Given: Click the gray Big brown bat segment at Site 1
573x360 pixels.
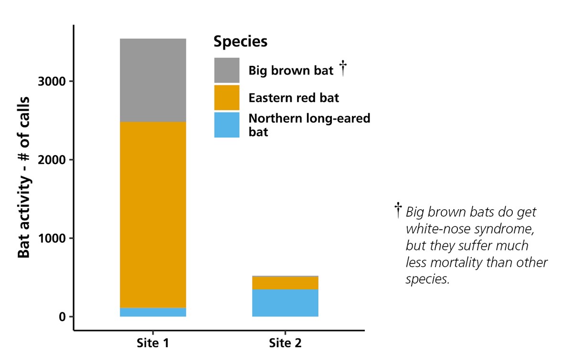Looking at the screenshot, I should tap(153, 80).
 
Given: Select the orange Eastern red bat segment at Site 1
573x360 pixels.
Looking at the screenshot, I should tap(153, 215).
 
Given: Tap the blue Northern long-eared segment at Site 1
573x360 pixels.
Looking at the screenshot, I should tap(153, 312).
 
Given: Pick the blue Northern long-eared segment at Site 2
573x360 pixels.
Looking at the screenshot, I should tap(285, 303).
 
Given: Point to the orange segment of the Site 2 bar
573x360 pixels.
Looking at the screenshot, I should tap(285, 283).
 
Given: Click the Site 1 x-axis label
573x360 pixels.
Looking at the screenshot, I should tap(153, 343).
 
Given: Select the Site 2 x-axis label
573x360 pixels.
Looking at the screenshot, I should tap(285, 343).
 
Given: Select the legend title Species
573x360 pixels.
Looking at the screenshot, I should tap(240, 42).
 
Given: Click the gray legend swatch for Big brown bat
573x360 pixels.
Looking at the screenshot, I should tap(226, 70).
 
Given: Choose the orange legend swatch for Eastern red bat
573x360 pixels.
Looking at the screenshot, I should tap(226, 97).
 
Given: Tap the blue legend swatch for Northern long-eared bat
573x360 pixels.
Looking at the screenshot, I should tap(226, 125).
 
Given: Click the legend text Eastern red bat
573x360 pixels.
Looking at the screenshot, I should tap(293, 98).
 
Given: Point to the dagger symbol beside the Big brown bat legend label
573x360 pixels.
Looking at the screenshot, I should tap(342, 68).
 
